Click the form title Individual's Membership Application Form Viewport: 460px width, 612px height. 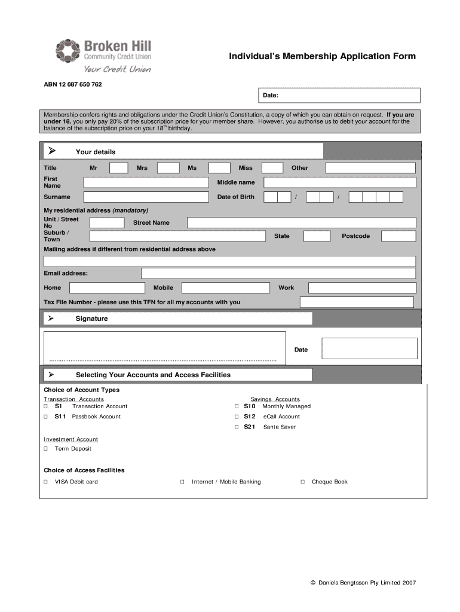tap(323, 57)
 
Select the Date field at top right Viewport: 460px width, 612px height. tap(339, 96)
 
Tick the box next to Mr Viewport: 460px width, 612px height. tap(119, 168)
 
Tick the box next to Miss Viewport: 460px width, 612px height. tap(272, 168)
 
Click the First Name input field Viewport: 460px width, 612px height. tap(146, 182)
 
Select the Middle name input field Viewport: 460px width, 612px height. tap(339, 182)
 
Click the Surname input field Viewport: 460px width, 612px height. tap(146, 197)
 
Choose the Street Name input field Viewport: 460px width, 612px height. tap(301, 223)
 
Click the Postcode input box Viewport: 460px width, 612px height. tap(398, 236)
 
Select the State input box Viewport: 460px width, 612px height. tap(316, 236)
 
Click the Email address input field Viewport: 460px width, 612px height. tap(278, 274)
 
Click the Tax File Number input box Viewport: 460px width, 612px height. tap(356, 302)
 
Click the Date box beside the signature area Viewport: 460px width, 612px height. tap(369, 349)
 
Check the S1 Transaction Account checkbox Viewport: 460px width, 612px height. tap(46, 406)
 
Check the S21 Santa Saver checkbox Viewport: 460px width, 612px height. tap(237, 427)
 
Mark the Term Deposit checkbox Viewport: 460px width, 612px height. tap(46, 449)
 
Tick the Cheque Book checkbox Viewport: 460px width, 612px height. tap(302, 482)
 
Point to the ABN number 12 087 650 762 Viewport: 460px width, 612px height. tap(73, 84)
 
